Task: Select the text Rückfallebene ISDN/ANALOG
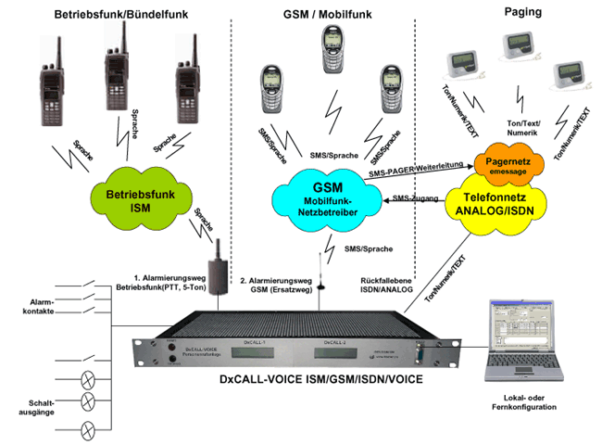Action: click(385, 286)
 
